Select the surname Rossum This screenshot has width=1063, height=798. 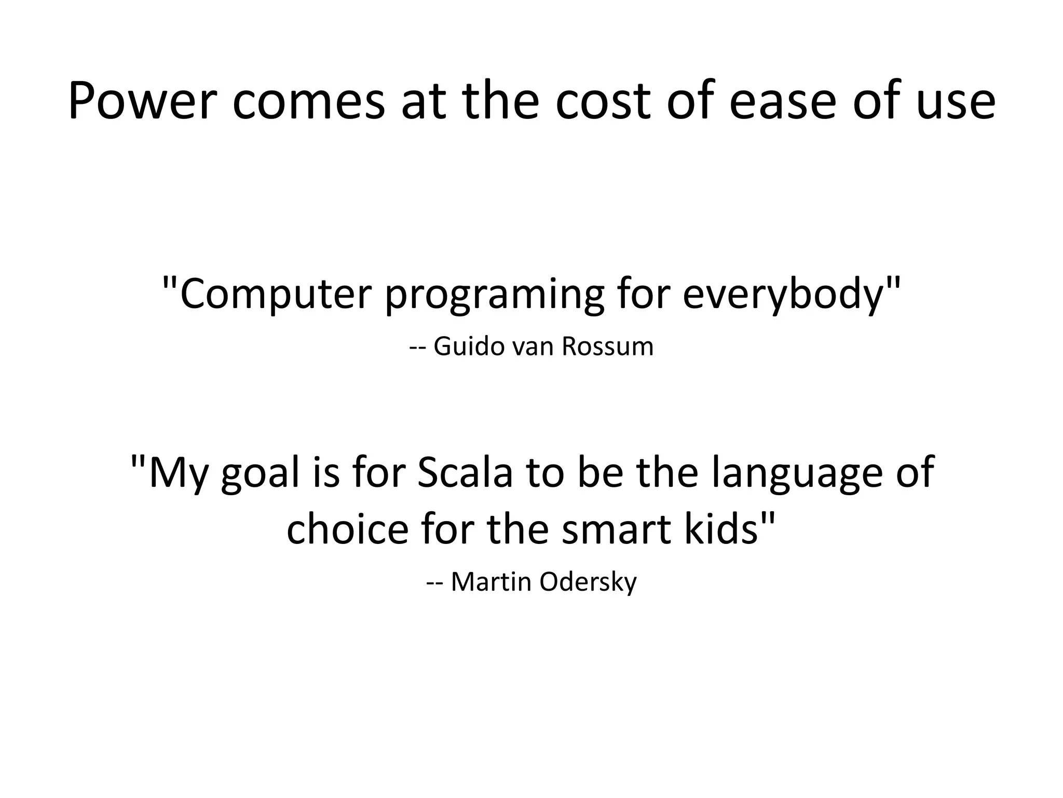point(607,347)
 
